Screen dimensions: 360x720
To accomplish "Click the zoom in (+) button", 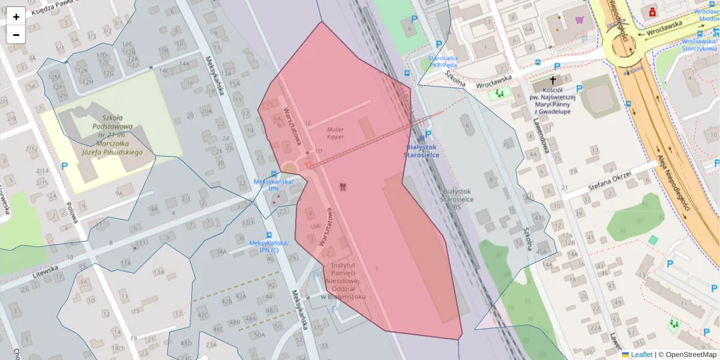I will tap(16, 17).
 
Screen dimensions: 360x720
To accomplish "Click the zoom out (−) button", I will tap(16, 35).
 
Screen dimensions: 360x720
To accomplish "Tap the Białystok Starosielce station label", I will tap(421, 151).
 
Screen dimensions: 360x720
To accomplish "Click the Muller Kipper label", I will tap(335, 133).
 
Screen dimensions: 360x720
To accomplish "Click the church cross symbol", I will tap(552, 79).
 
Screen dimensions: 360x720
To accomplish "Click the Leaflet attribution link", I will tap(641, 355).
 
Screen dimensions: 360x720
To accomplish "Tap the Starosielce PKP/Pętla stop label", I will tap(443, 61).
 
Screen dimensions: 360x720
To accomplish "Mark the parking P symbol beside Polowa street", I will tap(64, 166).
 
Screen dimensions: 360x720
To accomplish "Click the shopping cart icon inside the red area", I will tap(343, 186).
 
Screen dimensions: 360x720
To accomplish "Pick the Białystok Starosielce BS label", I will tap(458, 199).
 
